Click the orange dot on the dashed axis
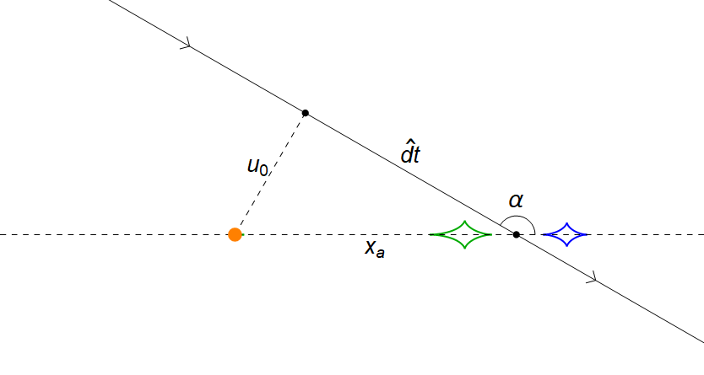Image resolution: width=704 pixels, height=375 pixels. pyautogui.click(x=236, y=234)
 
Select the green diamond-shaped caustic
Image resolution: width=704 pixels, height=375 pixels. pyautogui.click(x=461, y=234)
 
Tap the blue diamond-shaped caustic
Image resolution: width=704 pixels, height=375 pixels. pyautogui.click(x=566, y=234)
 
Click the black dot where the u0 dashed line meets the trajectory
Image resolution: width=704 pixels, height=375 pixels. pyautogui.click(x=306, y=113)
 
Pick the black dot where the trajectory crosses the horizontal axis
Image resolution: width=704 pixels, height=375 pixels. pyautogui.click(x=517, y=234)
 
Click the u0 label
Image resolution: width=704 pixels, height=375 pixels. pyautogui.click(x=257, y=166)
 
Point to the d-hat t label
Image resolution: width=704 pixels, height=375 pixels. pyautogui.click(x=410, y=154)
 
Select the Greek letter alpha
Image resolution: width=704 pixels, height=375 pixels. pyautogui.click(x=516, y=201)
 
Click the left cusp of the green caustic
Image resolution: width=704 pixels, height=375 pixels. pyautogui.click(x=431, y=234)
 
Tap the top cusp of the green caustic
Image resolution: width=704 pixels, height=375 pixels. pyautogui.click(x=463, y=221)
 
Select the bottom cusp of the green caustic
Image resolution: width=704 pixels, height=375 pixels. pyautogui.click(x=463, y=249)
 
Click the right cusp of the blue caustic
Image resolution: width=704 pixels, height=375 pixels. pyautogui.click(x=588, y=234)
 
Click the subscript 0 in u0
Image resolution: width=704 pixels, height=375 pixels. pyautogui.click(x=264, y=170)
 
